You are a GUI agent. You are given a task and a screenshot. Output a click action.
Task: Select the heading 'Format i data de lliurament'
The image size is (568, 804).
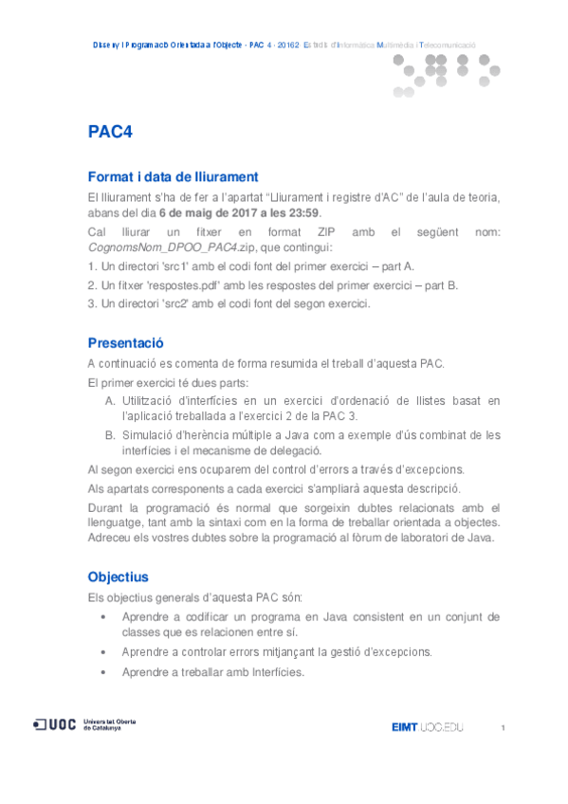(173, 176)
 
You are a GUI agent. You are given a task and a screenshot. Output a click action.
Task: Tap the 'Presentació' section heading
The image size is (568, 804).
(126, 342)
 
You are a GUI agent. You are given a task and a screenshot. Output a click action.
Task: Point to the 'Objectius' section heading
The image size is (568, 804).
(118, 576)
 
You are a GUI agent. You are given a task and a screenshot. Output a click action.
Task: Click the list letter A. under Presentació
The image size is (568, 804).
(111, 401)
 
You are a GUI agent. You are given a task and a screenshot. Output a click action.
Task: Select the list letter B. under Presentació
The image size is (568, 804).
(111, 435)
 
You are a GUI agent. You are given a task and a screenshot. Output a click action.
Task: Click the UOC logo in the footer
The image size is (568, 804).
(56, 725)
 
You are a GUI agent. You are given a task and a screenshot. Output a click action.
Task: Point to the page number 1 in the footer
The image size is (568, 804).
(503, 727)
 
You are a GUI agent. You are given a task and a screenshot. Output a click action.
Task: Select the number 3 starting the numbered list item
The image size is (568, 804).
(90, 303)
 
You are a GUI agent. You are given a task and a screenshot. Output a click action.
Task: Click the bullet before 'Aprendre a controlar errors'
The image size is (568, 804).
(103, 651)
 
